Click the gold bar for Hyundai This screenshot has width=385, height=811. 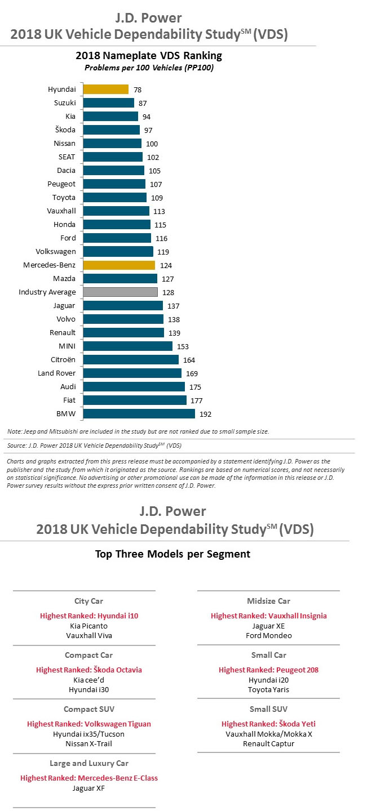pos(106,89)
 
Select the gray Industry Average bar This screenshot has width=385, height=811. pos(120,292)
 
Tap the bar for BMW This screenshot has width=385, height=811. pos(139,413)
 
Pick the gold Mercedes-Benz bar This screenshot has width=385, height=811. pos(119,265)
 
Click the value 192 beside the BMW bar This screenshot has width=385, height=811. pos(205,414)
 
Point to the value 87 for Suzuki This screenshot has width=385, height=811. pos(143,103)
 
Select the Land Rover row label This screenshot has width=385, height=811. pos(56,373)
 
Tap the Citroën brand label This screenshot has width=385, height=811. pos(63,359)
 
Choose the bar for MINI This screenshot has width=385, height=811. pos(127,346)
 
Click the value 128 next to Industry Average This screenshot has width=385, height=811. pos(168,292)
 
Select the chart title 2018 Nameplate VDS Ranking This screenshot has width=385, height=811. pos(149,56)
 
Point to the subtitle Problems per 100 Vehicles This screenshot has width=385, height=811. pos(149,68)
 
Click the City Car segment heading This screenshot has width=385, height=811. pos(88,601)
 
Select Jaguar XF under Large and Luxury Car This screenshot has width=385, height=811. pos(88,788)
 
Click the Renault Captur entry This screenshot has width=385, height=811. pos(268,743)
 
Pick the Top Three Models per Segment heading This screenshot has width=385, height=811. pos(172,554)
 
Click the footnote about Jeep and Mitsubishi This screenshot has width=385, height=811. pos(138,431)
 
